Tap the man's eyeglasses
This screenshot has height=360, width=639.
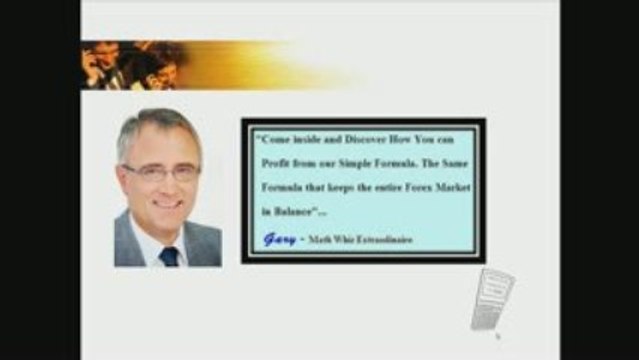pyautogui.click(x=160, y=171)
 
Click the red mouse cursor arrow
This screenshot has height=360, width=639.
pyautogui.click(x=498, y=337)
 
